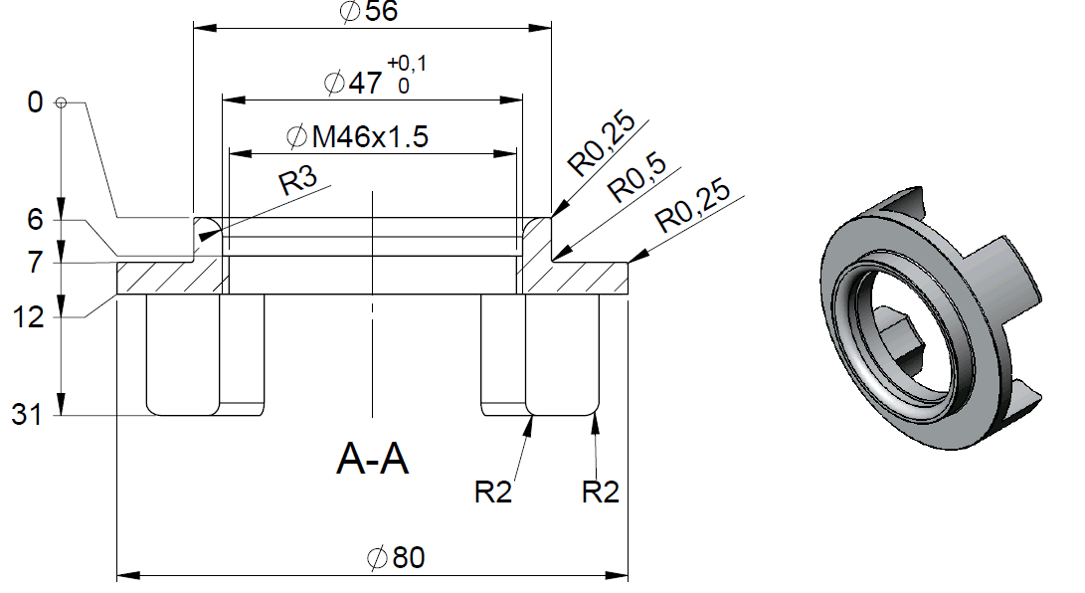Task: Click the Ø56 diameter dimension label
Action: [x=369, y=12]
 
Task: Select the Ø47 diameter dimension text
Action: [x=354, y=83]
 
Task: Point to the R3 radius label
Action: [x=297, y=182]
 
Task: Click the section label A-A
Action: [x=373, y=460]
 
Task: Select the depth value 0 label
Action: [x=36, y=102]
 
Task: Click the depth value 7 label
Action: [x=36, y=264]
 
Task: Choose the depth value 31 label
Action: [x=27, y=415]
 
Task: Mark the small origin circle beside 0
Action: [x=62, y=102]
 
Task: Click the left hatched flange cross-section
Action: [x=169, y=278]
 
